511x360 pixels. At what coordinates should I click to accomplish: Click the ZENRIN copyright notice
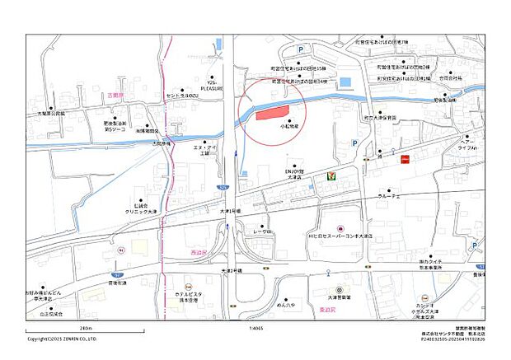coord(62,338)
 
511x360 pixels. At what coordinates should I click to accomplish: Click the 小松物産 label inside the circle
coord(288,127)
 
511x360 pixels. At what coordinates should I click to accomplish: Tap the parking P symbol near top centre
coord(300,51)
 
